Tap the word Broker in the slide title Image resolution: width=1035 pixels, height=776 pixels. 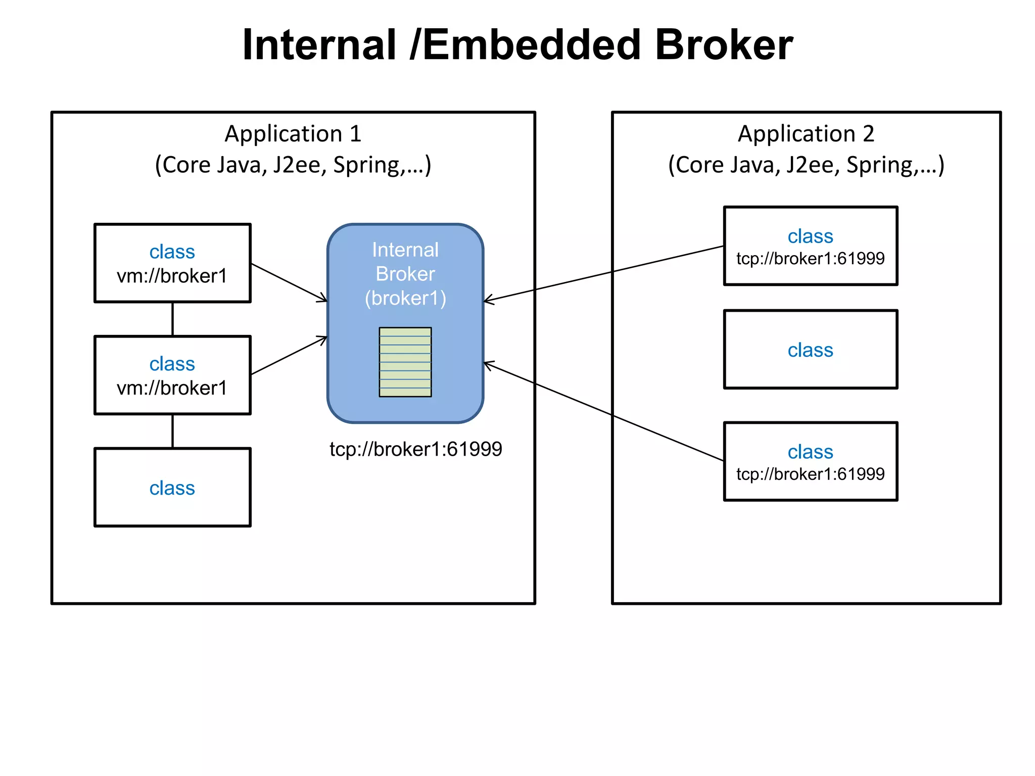tap(724, 45)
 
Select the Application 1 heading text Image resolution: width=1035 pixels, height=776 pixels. tap(293, 134)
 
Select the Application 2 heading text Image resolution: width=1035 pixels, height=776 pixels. tap(806, 134)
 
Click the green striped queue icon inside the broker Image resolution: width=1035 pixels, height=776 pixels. tap(405, 362)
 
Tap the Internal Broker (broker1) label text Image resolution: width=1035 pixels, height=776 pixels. tap(405, 274)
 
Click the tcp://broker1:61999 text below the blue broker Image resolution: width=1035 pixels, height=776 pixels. tap(415, 449)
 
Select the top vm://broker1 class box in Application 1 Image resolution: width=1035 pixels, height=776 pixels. tap(172, 263)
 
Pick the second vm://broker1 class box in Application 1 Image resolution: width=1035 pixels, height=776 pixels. tap(172, 375)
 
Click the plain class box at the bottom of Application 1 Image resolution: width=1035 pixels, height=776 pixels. tap(172, 488)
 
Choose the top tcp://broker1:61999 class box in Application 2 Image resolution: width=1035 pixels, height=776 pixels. tap(810, 246)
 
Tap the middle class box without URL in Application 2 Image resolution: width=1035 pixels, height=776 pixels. tap(810, 350)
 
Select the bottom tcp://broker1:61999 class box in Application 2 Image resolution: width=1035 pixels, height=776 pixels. tap(810, 461)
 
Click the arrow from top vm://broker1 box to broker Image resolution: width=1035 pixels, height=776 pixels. tap(289, 282)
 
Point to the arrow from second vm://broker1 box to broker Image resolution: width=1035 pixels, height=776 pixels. tap(289, 356)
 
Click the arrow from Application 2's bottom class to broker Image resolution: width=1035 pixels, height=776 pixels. tap(604, 411)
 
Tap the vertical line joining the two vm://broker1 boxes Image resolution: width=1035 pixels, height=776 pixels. tap(172, 319)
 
